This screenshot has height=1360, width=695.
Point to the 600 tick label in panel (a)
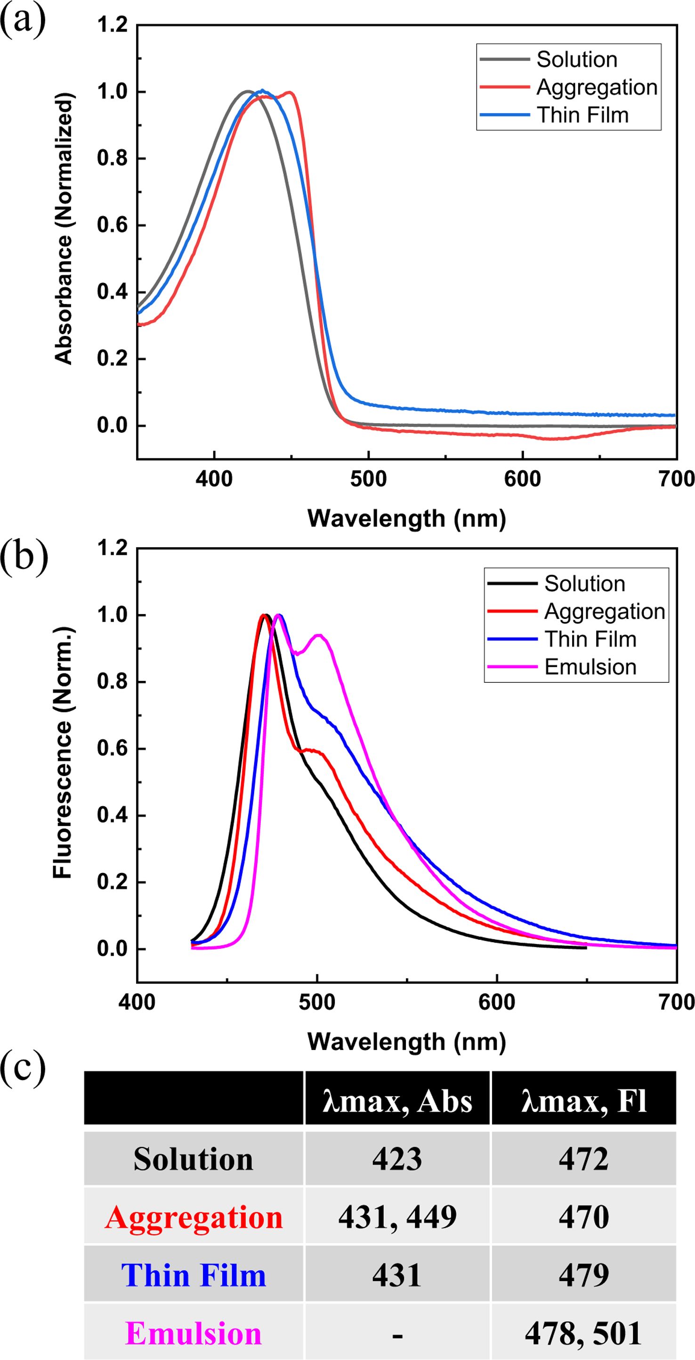[522, 479]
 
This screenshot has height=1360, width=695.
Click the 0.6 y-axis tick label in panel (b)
[113, 749]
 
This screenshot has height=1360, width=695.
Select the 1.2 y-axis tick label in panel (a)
[113, 25]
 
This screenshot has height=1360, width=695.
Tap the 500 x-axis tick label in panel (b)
[317, 1002]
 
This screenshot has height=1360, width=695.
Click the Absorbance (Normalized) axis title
[64, 229]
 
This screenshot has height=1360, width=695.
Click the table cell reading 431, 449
[397, 1217]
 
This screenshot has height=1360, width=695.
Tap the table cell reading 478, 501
[583, 1333]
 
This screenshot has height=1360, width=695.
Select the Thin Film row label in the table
[194, 1275]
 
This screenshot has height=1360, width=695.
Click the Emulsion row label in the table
[194, 1333]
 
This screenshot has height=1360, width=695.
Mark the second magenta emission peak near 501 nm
[319, 635]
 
